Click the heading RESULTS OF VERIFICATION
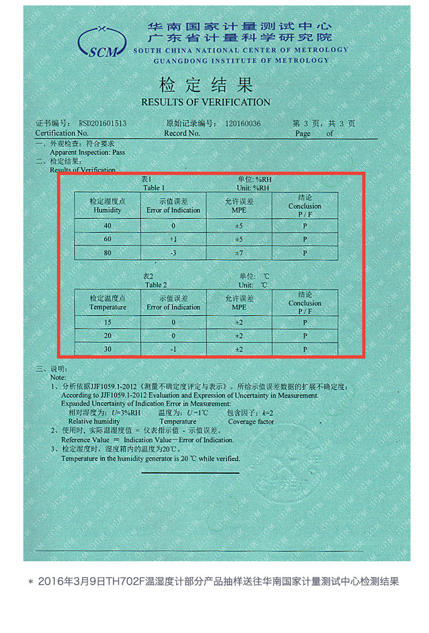tap(205, 102)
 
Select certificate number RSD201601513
tap(103, 124)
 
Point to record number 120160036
tap(242, 124)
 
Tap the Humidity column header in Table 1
tap(108, 206)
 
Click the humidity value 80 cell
tap(108, 253)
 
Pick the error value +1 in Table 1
tap(173, 240)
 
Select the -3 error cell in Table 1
tap(173, 253)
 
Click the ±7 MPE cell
tap(239, 253)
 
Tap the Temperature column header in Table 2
tap(108, 303)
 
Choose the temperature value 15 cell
tap(108, 323)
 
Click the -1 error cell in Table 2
tap(173, 349)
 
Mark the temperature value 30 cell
tap(108, 349)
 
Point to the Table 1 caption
tap(154, 184)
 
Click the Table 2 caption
tap(155, 281)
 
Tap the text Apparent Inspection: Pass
tap(87, 153)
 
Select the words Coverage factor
tap(251, 422)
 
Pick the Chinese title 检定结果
tap(206, 85)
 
